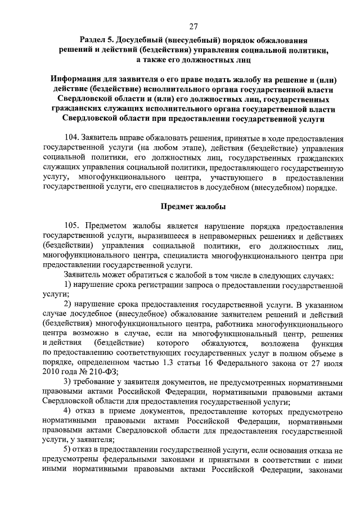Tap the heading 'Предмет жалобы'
click(193, 206)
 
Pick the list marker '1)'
click(67, 286)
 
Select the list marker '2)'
click(67, 305)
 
